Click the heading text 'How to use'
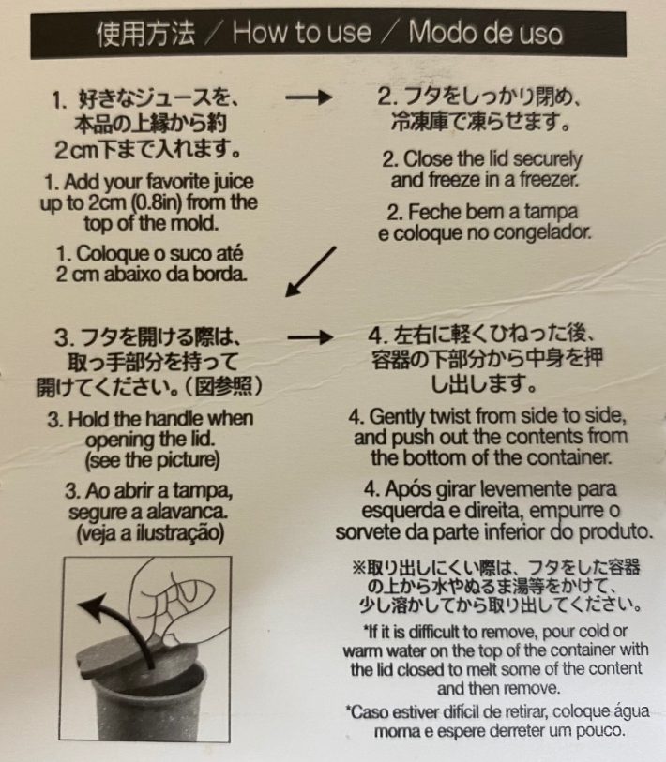pos(301,34)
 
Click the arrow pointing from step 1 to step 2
pos(309,97)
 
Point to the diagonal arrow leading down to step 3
pos(310,271)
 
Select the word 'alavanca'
pos(191,512)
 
